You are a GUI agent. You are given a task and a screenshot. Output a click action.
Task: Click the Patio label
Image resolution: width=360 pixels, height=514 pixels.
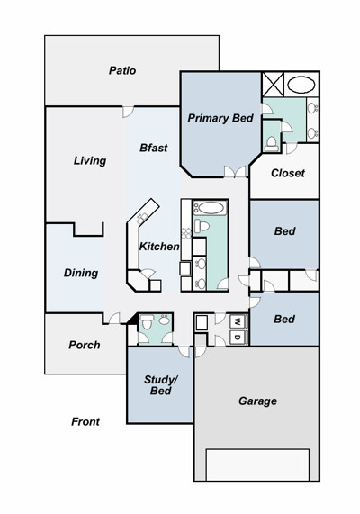122,70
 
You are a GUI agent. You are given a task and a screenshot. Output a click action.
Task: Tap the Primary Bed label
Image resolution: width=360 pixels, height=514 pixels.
220,118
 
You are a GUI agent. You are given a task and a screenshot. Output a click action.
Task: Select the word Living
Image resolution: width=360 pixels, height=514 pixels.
90,160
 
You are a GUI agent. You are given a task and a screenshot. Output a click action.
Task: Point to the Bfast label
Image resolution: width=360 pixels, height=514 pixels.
153,148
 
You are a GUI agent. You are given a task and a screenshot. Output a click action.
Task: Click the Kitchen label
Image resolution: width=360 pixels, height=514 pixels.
159,247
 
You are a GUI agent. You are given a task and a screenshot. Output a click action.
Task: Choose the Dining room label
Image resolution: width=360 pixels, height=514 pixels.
81,273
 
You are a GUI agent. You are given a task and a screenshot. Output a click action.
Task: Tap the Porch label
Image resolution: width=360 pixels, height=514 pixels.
85,345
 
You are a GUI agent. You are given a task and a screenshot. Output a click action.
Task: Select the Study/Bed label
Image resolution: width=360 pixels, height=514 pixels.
161,385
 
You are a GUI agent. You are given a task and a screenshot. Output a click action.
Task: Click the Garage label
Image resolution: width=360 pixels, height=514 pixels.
257,401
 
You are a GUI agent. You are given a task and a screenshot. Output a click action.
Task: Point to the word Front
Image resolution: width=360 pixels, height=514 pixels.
85,421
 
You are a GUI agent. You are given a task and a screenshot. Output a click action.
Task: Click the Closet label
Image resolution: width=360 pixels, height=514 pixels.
288,173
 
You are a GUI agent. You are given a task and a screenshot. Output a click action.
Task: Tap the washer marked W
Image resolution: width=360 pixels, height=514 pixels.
238,321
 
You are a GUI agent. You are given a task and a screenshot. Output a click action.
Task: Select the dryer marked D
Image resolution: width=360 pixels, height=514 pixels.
238,338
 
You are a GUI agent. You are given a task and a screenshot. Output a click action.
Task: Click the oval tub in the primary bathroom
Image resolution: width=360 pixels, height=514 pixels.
301,85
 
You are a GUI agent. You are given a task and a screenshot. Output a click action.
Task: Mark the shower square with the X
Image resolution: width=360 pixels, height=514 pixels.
273,85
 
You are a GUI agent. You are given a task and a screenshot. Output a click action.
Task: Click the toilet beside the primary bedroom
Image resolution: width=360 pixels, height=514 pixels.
272,144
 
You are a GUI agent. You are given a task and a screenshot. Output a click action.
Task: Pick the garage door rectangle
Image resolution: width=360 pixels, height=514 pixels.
257,464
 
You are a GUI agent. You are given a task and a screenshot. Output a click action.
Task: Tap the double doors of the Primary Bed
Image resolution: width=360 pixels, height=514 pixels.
235,172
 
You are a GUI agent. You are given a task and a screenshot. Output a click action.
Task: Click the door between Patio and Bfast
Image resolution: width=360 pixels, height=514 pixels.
128,111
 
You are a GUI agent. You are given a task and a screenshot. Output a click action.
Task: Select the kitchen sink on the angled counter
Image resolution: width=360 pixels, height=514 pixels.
142,218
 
